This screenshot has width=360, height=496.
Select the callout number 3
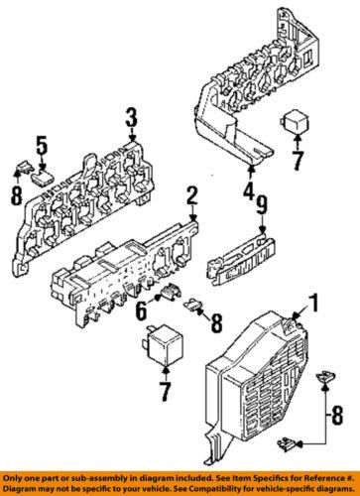(x=129, y=122)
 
